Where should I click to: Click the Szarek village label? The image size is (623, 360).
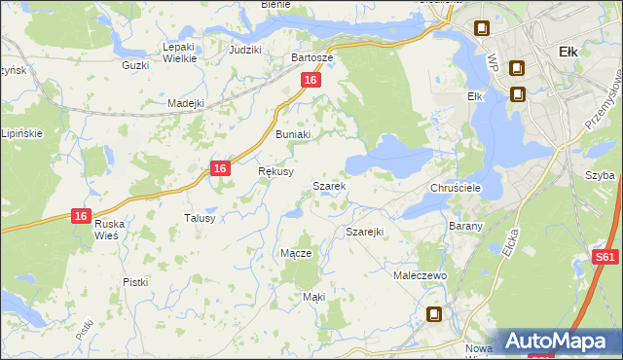click(x=329, y=185)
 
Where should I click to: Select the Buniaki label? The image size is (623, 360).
click(x=292, y=134)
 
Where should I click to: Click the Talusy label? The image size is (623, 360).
click(x=200, y=218)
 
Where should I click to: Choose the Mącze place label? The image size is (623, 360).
click(x=295, y=253)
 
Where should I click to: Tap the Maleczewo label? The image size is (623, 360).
click(x=420, y=276)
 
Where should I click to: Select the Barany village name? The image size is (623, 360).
click(x=460, y=225)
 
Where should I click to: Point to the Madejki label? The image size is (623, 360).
click(x=185, y=103)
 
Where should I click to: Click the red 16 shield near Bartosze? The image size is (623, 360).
click(x=310, y=81)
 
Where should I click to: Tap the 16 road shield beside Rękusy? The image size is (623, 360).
click(x=221, y=168)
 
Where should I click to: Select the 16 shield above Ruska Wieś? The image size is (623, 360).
click(x=82, y=216)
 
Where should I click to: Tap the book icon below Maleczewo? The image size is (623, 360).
click(x=434, y=314)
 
